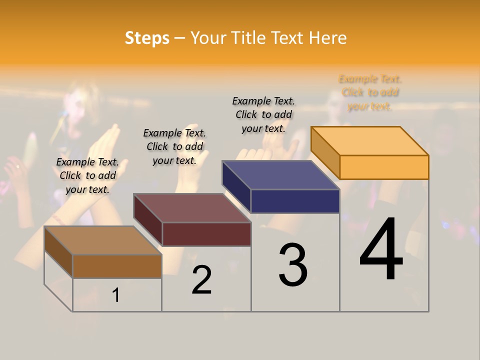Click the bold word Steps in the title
[147, 38]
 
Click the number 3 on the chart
[293, 265]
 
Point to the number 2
[201, 280]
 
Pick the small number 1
[116, 295]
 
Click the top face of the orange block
[370, 141]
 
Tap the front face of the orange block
[384, 167]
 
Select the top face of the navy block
[281, 175]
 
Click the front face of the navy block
[295, 201]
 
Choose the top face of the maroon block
[192, 208]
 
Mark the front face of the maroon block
[206, 234]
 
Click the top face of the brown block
[103, 240]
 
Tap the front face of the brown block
[117, 266]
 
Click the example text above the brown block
[87, 175]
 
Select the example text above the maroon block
[174, 146]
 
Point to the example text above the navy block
[263, 114]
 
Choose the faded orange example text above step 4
[370, 92]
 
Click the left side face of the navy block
[236, 187]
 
